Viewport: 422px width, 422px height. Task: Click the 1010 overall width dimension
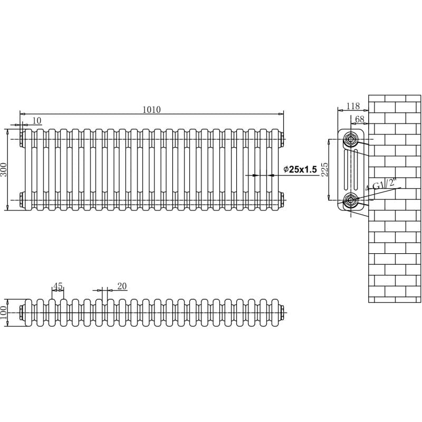pyautogui.click(x=151, y=110)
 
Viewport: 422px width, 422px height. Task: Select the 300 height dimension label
pyautogui.click(x=4, y=169)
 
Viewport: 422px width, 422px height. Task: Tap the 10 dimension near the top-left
pyautogui.click(x=36, y=121)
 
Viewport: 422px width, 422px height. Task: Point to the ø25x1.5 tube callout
pyautogui.click(x=300, y=169)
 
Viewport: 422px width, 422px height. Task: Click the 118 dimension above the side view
pyautogui.click(x=353, y=106)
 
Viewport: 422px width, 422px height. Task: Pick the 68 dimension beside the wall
pyautogui.click(x=360, y=119)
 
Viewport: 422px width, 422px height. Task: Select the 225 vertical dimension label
pyautogui.click(x=325, y=169)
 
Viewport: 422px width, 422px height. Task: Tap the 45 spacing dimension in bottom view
pyautogui.click(x=58, y=286)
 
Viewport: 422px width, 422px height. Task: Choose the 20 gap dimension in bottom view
pyautogui.click(x=122, y=286)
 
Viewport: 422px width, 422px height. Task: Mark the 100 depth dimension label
pyautogui.click(x=4, y=312)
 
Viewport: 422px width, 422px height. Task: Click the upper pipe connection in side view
pyautogui.click(x=351, y=139)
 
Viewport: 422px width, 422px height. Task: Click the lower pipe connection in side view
pyautogui.click(x=351, y=200)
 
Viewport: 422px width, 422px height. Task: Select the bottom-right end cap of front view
pyautogui.click(x=282, y=199)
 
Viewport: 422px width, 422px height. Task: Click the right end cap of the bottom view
pyautogui.click(x=282, y=312)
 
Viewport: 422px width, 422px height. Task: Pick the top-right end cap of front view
pyautogui.click(x=282, y=139)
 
